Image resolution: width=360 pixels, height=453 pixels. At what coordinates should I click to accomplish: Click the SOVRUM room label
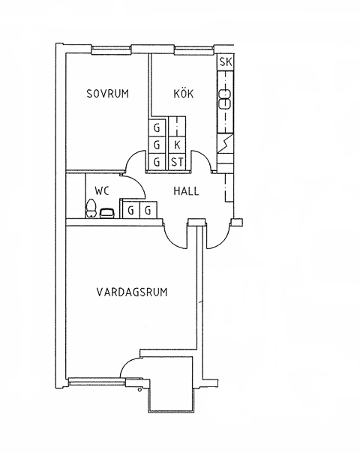click(107, 94)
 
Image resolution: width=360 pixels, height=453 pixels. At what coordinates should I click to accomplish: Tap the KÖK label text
click(184, 93)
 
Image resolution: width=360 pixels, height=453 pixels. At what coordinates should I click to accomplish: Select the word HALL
click(186, 191)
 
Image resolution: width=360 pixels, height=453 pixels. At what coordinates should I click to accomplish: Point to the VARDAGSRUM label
click(132, 292)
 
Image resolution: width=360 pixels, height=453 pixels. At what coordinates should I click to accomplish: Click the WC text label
click(102, 191)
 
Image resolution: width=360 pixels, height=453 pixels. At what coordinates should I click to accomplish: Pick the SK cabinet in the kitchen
click(225, 62)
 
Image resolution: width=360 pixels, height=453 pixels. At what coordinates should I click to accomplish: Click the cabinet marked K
click(176, 145)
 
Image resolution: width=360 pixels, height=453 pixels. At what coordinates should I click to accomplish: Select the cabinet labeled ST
click(176, 162)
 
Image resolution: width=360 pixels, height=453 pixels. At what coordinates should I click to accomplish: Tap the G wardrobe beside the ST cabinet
click(156, 162)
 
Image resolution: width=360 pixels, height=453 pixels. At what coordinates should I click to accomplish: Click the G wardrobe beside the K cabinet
click(156, 145)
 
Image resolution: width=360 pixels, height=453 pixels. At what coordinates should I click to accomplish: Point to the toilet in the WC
click(91, 208)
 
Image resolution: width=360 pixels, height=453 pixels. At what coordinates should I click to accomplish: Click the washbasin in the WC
click(107, 213)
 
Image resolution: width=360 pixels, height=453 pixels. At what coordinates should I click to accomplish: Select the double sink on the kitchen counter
click(224, 99)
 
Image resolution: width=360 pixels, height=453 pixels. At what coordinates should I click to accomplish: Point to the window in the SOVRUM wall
click(111, 52)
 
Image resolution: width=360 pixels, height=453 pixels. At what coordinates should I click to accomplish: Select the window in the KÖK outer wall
click(193, 52)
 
